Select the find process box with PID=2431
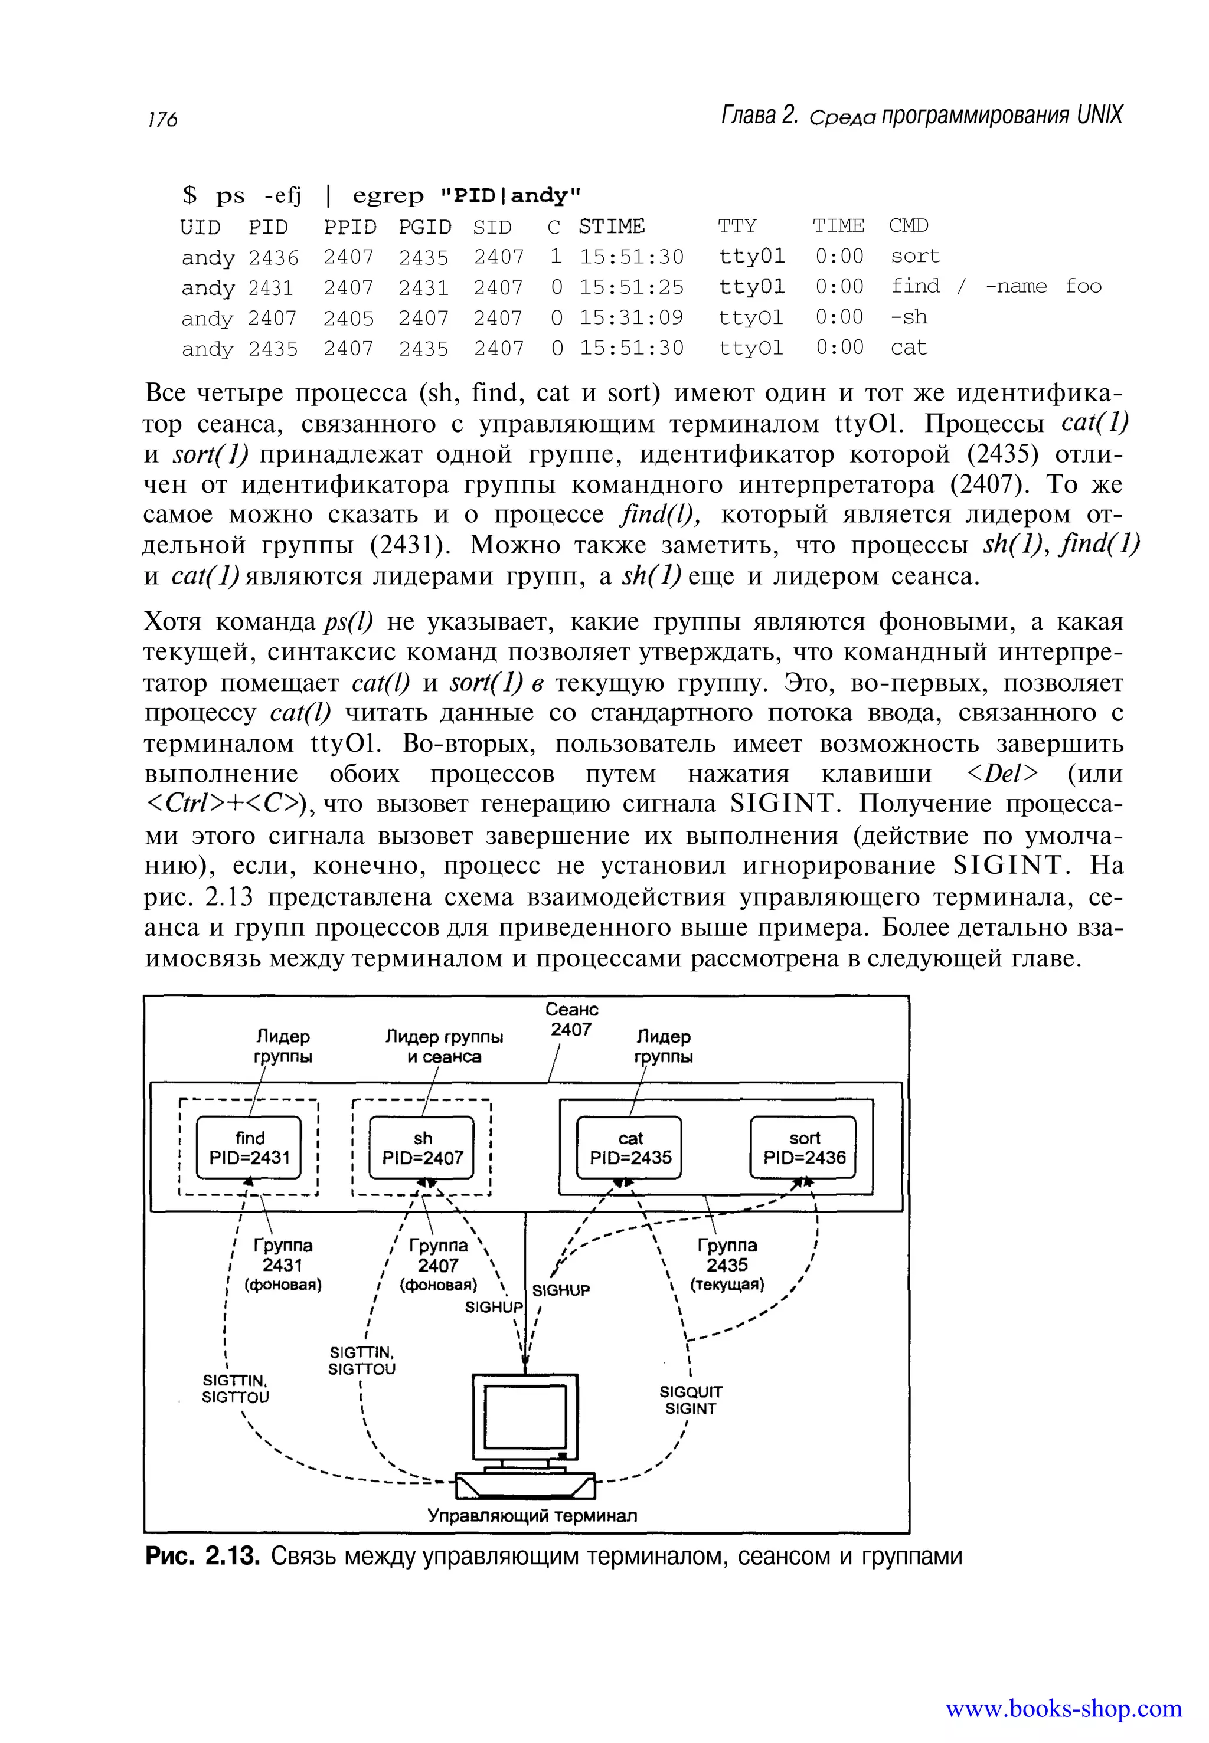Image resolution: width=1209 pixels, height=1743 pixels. click(249, 1147)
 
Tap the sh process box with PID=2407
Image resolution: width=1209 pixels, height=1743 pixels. click(422, 1147)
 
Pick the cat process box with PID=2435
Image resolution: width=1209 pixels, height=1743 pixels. click(629, 1147)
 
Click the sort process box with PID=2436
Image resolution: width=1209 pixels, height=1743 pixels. click(803, 1147)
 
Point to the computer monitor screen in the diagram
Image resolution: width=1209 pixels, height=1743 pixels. click(525, 1417)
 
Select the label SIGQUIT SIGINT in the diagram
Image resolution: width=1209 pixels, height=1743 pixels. click(690, 1400)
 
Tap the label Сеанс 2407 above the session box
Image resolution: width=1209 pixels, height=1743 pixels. click(571, 1019)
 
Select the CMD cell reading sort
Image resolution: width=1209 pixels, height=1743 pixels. click(915, 257)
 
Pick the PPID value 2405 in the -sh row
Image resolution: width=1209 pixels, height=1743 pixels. click(348, 318)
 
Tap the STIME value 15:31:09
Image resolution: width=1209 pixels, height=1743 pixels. click(631, 318)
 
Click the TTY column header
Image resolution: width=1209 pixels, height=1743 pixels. click(737, 227)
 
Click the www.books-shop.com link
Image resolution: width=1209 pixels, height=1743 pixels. click(1063, 1709)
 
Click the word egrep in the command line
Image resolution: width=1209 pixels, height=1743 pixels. click(388, 196)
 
